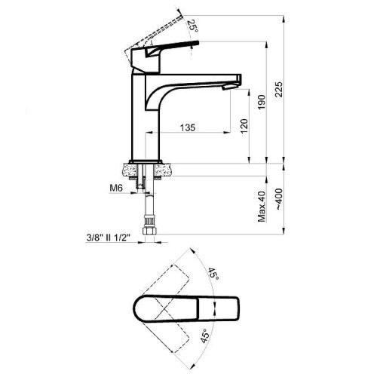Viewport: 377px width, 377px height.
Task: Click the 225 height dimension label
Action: pos(279,89)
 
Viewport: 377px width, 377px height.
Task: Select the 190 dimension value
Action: pos(261,102)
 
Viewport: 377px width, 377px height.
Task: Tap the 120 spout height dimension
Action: pos(244,127)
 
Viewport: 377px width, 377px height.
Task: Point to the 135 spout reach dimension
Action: pos(188,127)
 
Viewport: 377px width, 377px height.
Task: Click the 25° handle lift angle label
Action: pos(192,26)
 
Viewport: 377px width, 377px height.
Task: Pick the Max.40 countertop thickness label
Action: pos(262,207)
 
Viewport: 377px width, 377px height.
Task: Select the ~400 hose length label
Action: pos(279,199)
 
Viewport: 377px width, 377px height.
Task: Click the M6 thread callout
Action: pos(116,188)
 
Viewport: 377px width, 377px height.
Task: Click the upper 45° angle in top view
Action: pos(213,274)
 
